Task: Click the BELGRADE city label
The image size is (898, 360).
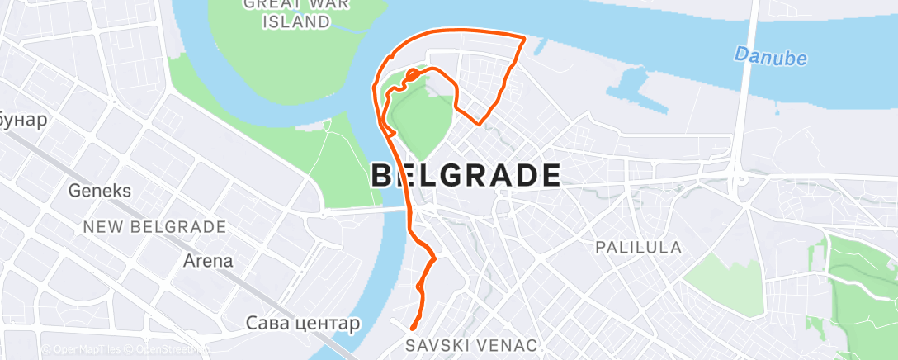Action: coord(466,175)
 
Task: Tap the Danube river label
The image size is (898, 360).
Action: coord(769,58)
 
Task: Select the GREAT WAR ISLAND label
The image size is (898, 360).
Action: coord(296,12)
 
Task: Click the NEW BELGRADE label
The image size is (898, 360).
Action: coord(154,226)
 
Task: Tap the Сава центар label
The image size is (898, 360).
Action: coord(303,324)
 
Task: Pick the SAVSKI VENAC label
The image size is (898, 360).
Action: coord(472,344)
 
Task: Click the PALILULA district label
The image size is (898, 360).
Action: coord(638,247)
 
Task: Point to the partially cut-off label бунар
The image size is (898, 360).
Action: coord(22,119)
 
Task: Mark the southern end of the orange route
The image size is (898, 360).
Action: coord(413,329)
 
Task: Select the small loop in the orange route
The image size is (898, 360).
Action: coord(412,75)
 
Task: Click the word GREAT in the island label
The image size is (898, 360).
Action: coord(269,4)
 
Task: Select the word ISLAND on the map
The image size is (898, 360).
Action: coord(296,22)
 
